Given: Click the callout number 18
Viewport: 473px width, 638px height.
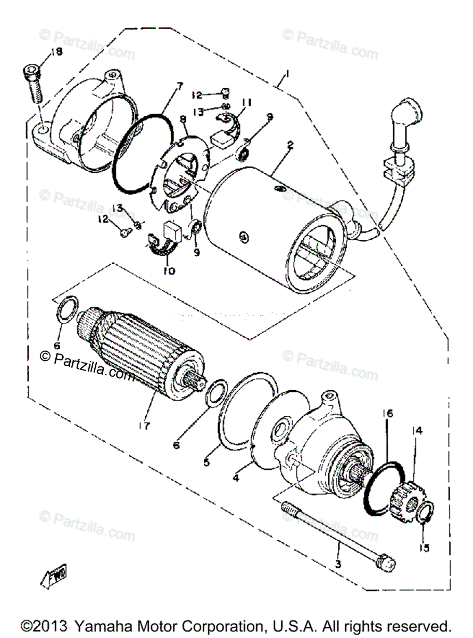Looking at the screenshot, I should [56, 52].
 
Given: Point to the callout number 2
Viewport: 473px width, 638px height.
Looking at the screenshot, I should [289, 144].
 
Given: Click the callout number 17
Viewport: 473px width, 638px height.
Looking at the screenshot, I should [145, 426].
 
